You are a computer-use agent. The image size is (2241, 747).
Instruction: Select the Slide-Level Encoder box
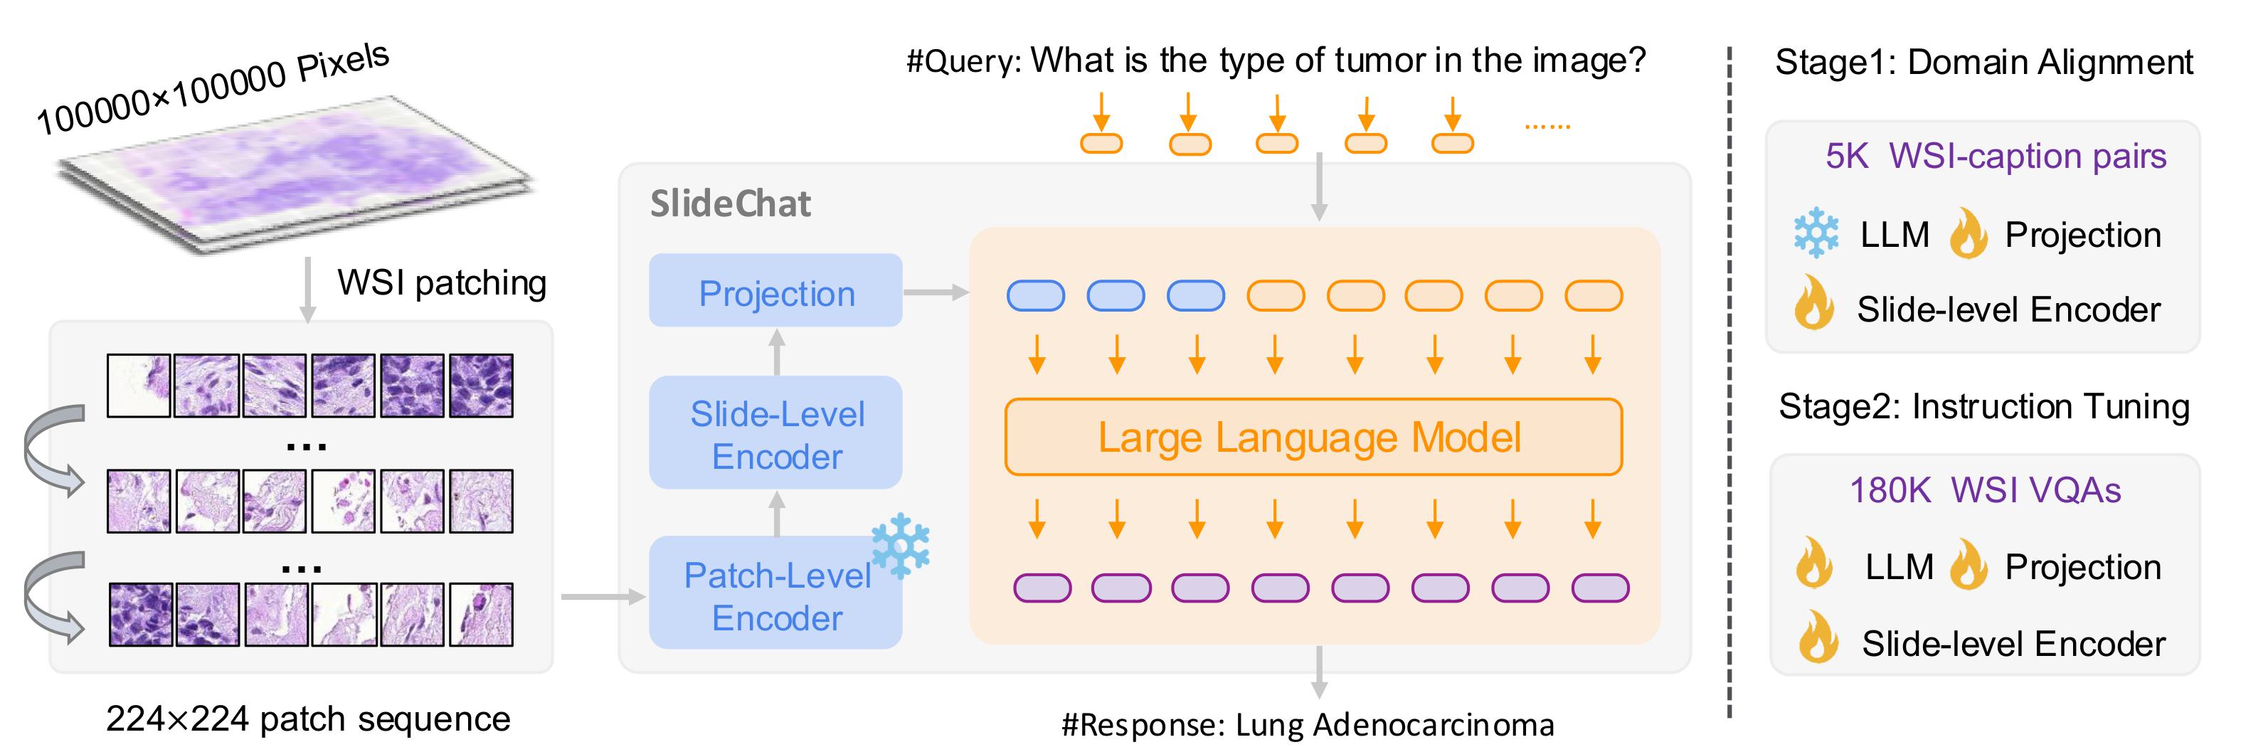click(775, 433)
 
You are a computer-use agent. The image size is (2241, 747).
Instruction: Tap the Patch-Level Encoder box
click(775, 595)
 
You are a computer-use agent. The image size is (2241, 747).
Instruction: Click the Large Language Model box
click(1312, 438)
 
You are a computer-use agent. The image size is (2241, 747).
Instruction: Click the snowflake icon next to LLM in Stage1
click(1816, 234)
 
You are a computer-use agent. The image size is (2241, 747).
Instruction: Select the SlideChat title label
click(730, 204)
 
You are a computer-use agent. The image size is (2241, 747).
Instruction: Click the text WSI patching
click(442, 282)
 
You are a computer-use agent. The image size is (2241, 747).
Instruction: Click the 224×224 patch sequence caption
click(308, 719)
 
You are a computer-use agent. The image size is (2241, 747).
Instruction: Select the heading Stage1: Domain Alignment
click(1984, 63)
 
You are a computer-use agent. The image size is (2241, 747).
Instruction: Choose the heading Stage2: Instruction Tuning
click(1984, 407)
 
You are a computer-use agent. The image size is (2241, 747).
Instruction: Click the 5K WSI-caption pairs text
click(1995, 157)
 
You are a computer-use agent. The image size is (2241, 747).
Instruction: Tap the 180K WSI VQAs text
click(1984, 490)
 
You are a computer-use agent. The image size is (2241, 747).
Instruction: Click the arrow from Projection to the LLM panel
click(936, 292)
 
